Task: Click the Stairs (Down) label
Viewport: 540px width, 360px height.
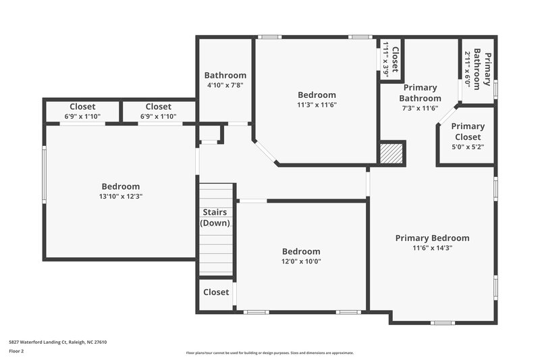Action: coord(216,217)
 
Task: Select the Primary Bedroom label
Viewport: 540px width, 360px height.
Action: coord(432,238)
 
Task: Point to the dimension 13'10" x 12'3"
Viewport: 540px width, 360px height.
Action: coord(121,197)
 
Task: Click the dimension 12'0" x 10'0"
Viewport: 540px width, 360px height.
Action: coord(301,261)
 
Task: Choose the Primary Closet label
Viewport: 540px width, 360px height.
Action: coord(468,132)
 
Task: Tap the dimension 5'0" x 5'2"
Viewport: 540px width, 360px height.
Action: coord(468,147)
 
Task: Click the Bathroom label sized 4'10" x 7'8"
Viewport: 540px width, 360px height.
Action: coord(225,76)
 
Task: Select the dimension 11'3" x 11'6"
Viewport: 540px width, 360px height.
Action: coord(317,105)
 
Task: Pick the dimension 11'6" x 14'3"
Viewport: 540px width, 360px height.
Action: coord(432,248)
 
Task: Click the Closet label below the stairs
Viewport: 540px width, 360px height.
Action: coord(216,292)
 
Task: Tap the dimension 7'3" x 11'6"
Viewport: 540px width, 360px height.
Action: coord(420,108)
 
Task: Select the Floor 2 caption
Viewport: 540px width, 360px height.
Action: coord(16,351)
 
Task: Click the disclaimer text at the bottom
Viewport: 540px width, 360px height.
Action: coord(269,353)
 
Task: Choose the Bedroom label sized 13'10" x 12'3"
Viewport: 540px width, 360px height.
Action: coord(121,186)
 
